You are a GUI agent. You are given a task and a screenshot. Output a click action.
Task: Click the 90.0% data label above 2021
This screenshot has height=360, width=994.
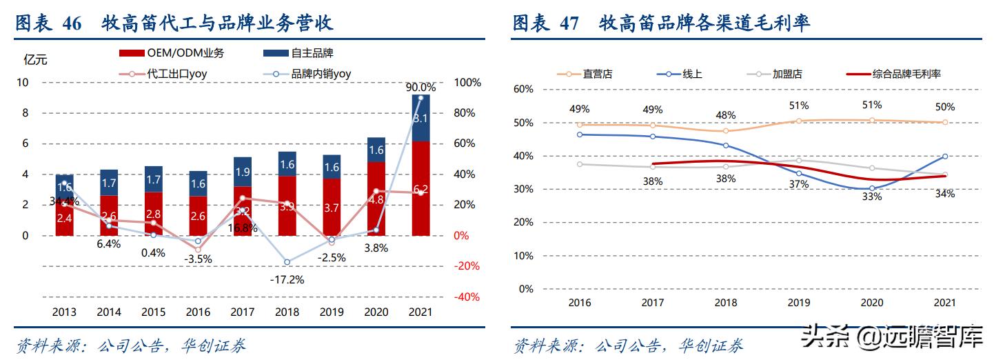[x=420, y=88]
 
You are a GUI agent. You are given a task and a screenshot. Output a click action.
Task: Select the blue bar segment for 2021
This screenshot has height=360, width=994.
[x=420, y=118]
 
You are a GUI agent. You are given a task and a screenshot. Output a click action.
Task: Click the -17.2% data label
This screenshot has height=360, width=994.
[x=287, y=280]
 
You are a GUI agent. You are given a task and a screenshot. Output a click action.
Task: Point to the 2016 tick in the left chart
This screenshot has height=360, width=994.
[x=198, y=312]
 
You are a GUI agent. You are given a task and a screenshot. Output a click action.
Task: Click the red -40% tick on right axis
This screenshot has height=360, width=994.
[x=466, y=297]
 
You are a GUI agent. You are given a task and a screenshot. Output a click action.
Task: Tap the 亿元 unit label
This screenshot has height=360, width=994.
[x=35, y=59]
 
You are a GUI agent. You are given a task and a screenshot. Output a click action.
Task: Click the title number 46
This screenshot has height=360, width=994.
[x=72, y=23]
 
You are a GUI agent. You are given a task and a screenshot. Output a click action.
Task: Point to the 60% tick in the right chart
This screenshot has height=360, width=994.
[x=523, y=89]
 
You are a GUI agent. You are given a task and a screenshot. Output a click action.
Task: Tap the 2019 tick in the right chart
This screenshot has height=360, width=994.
[x=799, y=303]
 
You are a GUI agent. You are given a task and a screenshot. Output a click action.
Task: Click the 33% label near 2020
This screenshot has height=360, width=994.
[x=872, y=197]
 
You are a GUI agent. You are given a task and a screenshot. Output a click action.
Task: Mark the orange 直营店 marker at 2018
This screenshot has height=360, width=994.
[x=725, y=130]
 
